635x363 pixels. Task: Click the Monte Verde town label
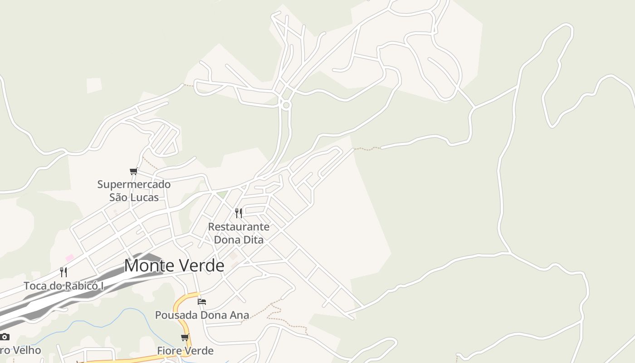[x=174, y=266]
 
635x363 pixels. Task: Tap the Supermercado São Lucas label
[x=134, y=191]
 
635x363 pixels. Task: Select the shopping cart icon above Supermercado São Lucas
[x=133, y=171]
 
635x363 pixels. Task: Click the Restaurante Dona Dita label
[x=239, y=233]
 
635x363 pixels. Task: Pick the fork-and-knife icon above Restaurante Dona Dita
[x=239, y=213]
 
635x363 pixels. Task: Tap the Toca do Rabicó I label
[x=63, y=286]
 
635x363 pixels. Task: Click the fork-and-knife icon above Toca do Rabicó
[x=63, y=272]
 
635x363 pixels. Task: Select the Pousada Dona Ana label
[x=202, y=315]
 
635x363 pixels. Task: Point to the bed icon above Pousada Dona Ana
[x=202, y=301]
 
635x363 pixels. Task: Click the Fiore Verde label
[x=185, y=351]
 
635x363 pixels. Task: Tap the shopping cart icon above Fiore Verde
[x=185, y=337]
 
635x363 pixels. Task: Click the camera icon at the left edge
[x=5, y=337]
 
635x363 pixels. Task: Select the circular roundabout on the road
[x=286, y=105]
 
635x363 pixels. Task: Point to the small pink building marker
[x=69, y=258]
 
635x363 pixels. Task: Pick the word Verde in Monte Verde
[x=203, y=266]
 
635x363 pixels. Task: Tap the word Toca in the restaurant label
[x=34, y=286]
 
